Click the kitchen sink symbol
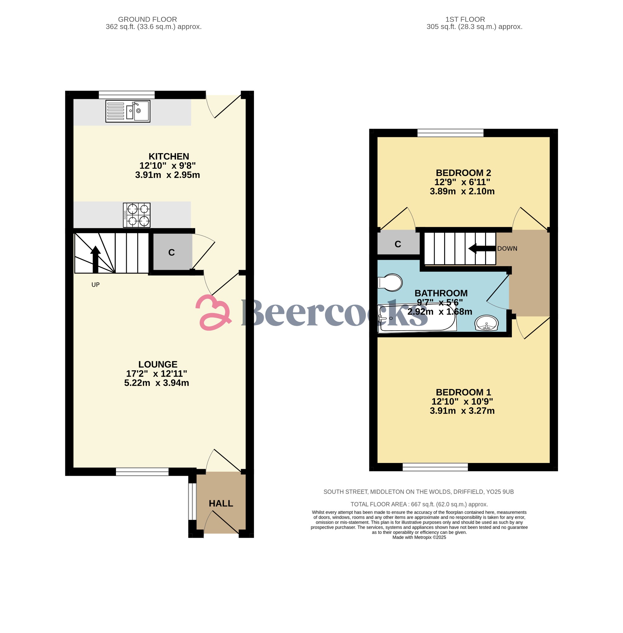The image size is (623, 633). tap(128, 111)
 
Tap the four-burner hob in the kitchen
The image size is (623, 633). tap(136, 215)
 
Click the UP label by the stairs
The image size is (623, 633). tap(96, 285)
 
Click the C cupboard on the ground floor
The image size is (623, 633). tap(172, 252)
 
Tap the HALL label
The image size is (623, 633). tap(221, 503)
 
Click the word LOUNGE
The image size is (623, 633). tap(158, 364)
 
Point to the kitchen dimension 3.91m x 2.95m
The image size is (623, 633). tap(168, 175)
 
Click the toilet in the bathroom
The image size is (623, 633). tap(390, 282)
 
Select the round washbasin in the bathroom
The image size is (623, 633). tap(487, 323)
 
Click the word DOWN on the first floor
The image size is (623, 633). tap(507, 249)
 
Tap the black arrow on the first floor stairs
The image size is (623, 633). tap(482, 249)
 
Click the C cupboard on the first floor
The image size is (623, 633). tap(398, 244)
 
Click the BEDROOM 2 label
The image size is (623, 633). tap(463, 173)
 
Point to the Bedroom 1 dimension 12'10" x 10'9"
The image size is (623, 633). tap(462, 401)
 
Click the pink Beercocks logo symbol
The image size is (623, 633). tap(213, 312)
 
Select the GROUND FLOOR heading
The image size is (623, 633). tap(147, 19)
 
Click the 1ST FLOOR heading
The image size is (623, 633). tap(465, 19)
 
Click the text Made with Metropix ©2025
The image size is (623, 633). tap(419, 537)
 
